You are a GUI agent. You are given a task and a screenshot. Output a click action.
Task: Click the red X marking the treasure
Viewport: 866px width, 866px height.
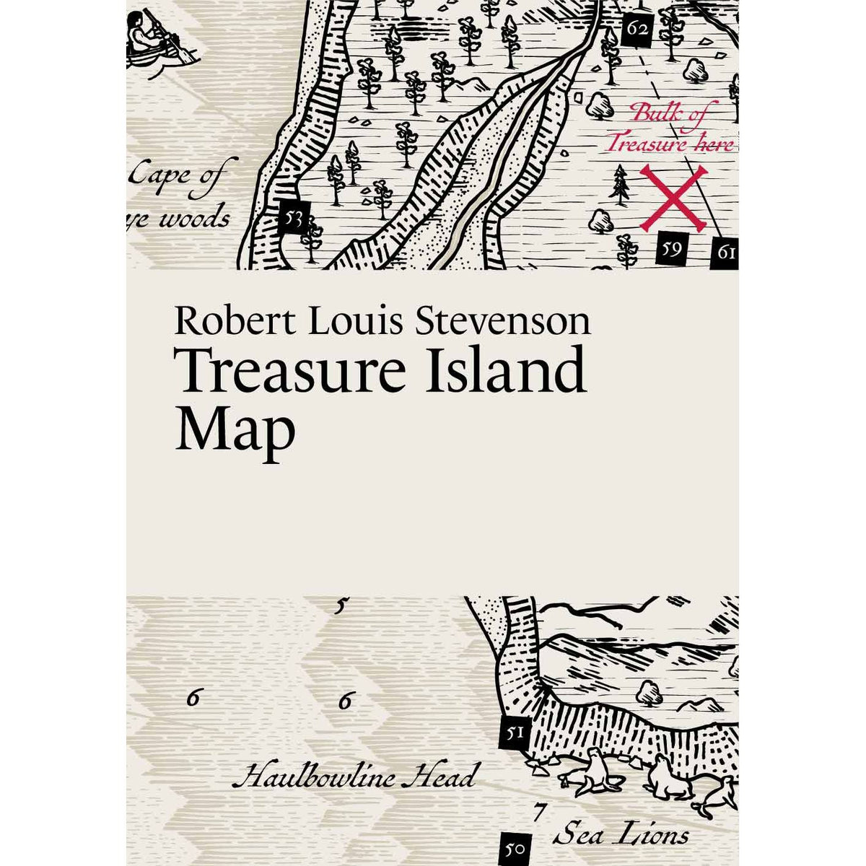[673, 198]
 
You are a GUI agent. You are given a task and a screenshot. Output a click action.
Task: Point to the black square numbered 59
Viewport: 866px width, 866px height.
[671, 250]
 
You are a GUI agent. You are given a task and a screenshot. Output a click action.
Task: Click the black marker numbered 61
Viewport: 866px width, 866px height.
[725, 253]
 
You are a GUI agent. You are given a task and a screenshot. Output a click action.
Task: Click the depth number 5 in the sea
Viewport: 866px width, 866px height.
[340, 606]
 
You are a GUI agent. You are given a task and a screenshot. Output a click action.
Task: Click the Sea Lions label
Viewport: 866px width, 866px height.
[621, 836]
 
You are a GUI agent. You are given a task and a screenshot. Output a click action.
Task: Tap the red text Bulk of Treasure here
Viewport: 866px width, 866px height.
[669, 128]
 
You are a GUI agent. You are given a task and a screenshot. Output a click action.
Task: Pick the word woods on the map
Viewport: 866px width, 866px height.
[193, 218]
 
